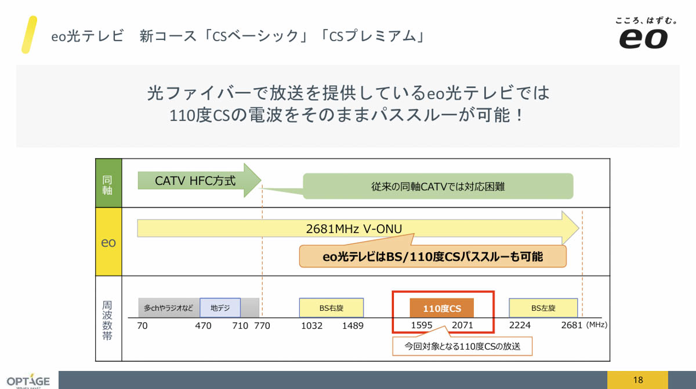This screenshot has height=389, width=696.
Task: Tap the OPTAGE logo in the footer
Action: point(28,381)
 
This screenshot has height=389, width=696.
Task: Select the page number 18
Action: point(638,380)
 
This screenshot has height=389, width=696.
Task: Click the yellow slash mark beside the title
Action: point(29,35)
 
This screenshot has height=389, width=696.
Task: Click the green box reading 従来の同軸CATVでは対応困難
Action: point(438,187)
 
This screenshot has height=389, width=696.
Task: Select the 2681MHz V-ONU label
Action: point(354,228)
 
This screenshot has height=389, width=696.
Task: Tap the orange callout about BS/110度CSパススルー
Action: point(432,256)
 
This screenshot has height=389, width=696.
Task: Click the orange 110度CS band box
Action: point(442,308)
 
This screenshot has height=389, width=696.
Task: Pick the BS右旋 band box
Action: point(331,308)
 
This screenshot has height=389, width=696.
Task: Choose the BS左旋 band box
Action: point(543,308)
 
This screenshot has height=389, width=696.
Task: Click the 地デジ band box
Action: point(220,308)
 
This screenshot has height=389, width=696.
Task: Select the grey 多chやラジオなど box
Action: point(169,308)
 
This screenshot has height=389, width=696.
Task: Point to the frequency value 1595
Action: point(422,325)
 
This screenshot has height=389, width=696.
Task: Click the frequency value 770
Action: point(262,325)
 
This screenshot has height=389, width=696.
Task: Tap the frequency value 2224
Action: point(520,325)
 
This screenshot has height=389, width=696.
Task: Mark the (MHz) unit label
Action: point(596,325)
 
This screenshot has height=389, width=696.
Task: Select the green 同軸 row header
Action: point(108,183)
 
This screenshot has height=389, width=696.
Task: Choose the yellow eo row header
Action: point(108,242)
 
